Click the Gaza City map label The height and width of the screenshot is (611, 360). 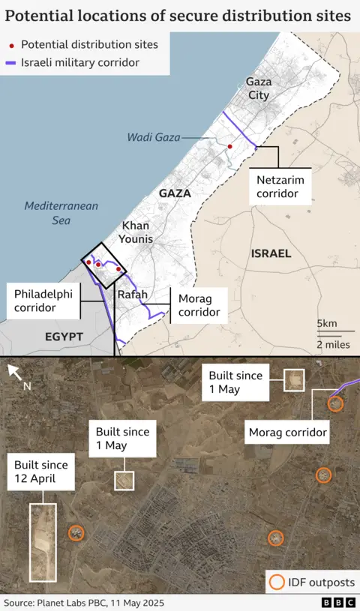pyautogui.click(x=258, y=88)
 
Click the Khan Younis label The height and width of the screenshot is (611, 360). pyautogui.click(x=137, y=232)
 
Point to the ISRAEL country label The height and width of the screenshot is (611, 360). pyautogui.click(x=270, y=253)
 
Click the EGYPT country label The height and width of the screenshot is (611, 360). pyautogui.click(x=64, y=337)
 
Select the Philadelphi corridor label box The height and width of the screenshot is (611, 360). pyautogui.click(x=44, y=300)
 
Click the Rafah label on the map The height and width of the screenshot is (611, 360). pyautogui.click(x=133, y=295)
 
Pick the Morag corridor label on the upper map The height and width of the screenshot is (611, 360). pyautogui.click(x=199, y=305)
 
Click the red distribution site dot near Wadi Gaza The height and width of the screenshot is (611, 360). pyautogui.click(x=230, y=146)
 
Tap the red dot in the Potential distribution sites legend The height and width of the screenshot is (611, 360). pyautogui.click(x=11, y=46)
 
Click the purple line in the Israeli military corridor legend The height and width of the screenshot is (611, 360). pyautogui.click(x=10, y=63)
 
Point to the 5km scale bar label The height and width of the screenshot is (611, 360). pyautogui.click(x=326, y=323)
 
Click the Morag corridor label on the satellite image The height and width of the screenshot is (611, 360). pyautogui.click(x=287, y=433)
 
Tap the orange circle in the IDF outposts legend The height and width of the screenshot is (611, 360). pyautogui.click(x=277, y=582)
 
